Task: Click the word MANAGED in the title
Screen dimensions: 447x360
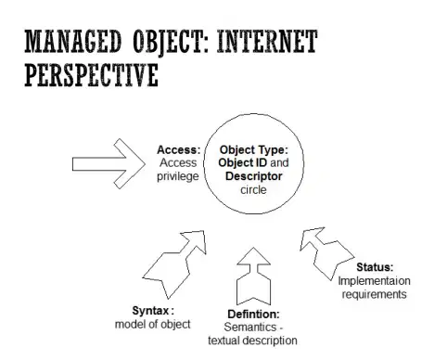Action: point(73,41)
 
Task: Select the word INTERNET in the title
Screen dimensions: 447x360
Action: point(267,41)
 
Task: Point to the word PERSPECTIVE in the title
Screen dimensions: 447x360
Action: point(92,74)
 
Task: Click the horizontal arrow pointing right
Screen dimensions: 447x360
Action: point(109,164)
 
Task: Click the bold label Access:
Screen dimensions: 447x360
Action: point(179,150)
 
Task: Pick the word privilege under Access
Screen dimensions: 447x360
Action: point(178,176)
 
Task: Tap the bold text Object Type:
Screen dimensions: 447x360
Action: point(254,150)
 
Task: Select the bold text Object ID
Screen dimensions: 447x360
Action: point(243,162)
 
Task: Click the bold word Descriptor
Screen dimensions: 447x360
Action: point(254,176)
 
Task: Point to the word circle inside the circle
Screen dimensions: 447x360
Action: point(253,189)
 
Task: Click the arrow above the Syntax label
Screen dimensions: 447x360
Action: point(174,264)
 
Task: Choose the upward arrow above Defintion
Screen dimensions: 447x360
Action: point(253,276)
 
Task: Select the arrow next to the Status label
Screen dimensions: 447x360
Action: point(327,253)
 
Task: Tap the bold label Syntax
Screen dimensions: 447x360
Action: point(150,311)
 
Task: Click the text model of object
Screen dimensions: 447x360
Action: point(153,325)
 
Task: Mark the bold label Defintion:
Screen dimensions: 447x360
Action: point(253,315)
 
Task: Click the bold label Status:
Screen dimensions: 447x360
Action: point(375,267)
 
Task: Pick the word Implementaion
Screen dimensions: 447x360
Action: point(374,281)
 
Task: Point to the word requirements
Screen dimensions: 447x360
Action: point(374,294)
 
